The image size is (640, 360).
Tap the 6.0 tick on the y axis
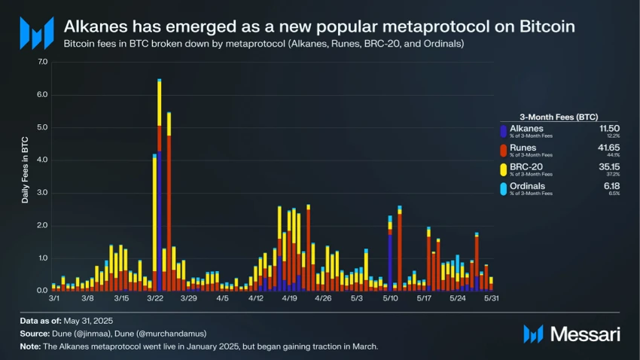[x=42, y=95]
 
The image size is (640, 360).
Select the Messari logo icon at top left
[x=36, y=34]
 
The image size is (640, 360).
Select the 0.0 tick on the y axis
[x=42, y=291]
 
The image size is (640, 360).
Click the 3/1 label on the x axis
[x=54, y=299]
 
